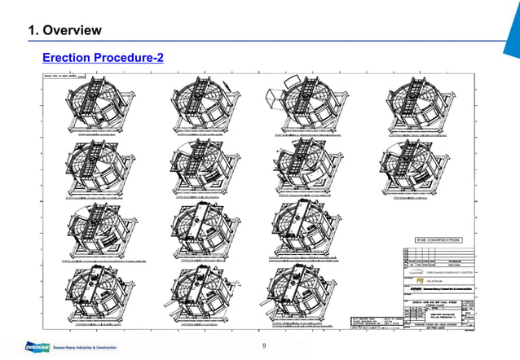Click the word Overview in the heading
[x=72, y=31]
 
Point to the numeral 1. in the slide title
[x=34, y=31]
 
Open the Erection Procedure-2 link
[x=104, y=57]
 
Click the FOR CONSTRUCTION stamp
[x=438, y=240]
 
